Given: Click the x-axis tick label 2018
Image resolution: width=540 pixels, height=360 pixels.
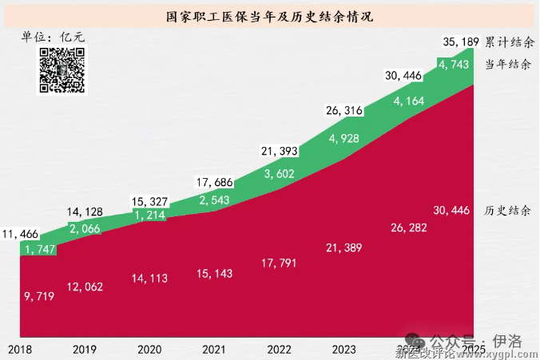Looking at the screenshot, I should [22, 350].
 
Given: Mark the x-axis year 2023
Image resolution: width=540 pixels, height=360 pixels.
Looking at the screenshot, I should [343, 350].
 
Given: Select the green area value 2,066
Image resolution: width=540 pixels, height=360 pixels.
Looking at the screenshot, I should [85, 229].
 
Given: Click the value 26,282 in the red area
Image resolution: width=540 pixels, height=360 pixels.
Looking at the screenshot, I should [408, 227].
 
